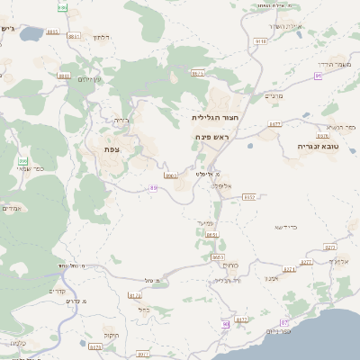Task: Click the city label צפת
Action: coord(112,148)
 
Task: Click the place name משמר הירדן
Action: coord(337,66)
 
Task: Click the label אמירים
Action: coord(12,209)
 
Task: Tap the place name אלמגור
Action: coord(337,261)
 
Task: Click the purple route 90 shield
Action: coord(224,324)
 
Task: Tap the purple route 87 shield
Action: coord(285,322)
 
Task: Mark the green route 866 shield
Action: coord(22,162)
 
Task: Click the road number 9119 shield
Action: coord(261,40)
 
